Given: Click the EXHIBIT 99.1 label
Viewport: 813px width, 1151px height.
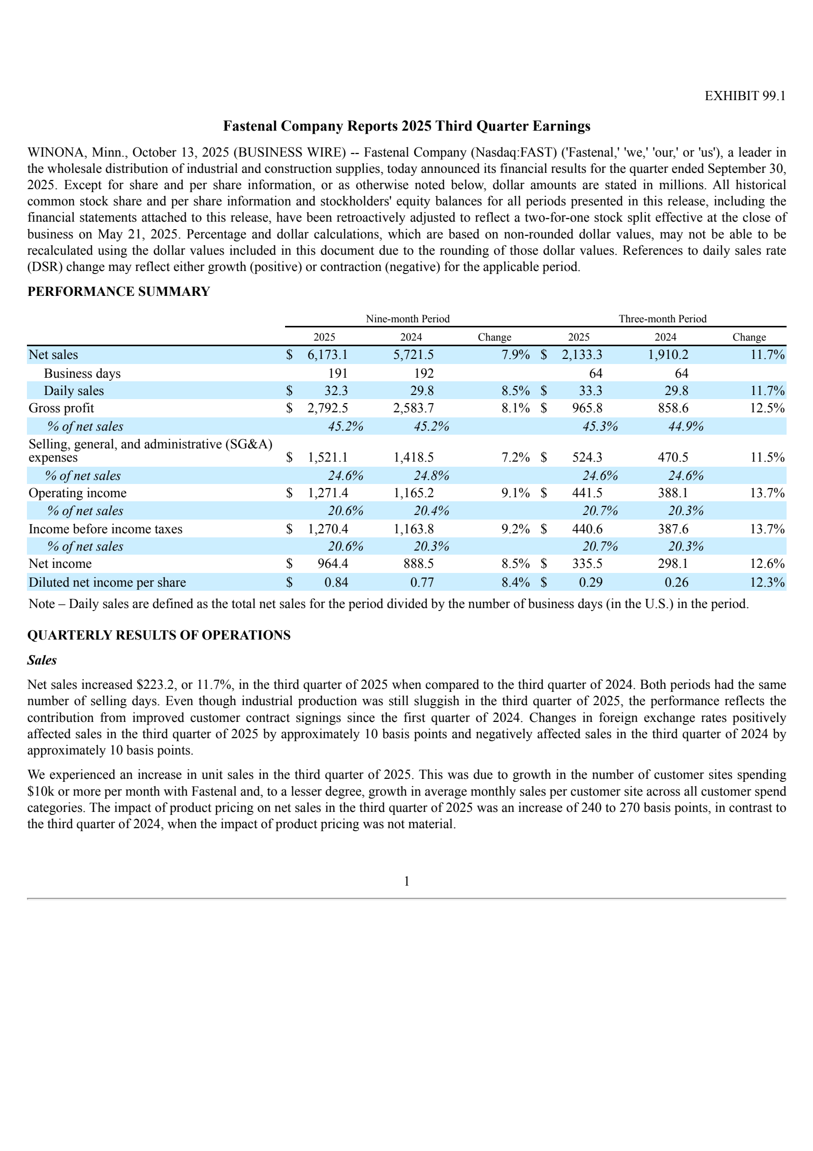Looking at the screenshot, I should click(x=745, y=96).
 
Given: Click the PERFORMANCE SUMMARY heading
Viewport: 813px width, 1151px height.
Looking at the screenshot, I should click(x=118, y=291).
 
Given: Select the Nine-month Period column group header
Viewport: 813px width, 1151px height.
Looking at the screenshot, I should click(x=408, y=319).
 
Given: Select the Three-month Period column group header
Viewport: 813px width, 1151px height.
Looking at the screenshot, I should click(x=662, y=319).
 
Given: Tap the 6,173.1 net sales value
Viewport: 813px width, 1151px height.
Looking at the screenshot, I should click(x=327, y=355).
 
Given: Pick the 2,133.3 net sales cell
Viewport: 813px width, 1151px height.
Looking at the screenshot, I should click(x=581, y=355).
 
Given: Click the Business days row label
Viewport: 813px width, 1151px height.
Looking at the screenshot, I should click(x=82, y=373).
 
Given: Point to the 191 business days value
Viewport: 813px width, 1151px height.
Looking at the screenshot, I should click(x=338, y=373).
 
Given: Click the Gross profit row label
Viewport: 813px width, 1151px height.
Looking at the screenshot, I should click(x=61, y=408).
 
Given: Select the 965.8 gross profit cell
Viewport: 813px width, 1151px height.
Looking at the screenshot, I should click(x=587, y=408).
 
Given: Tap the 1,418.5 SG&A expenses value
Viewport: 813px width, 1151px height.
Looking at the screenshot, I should click(x=414, y=457).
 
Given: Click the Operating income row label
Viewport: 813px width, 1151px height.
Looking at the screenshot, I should click(x=77, y=493).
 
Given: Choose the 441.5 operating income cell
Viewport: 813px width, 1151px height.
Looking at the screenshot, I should click(x=587, y=493).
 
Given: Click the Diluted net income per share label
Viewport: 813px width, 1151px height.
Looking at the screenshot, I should click(x=107, y=582).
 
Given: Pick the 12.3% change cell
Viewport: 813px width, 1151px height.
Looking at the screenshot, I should click(x=767, y=582).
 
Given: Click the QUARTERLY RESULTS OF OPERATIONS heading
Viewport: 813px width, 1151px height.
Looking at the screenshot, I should click(x=159, y=635).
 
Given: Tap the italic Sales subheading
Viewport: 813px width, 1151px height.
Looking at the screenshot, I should click(x=42, y=660).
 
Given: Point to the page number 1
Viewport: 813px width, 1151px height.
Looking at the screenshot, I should click(x=407, y=882).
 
